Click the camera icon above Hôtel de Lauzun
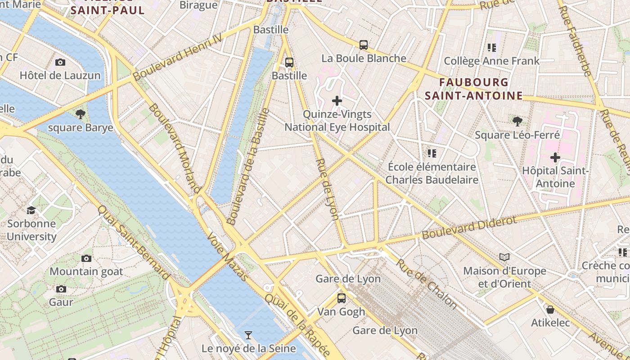(60, 62)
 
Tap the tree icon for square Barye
(81, 114)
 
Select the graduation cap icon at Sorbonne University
(31, 210)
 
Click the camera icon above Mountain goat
(86, 258)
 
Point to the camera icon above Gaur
(61, 289)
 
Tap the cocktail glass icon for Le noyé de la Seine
(248, 335)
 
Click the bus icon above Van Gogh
(342, 298)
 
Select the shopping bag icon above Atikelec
(550, 310)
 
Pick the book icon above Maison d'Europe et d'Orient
(504, 257)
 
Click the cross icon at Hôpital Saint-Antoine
(555, 157)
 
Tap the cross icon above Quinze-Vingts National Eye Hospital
(337, 101)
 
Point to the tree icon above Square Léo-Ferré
(517, 121)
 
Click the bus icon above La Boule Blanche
(364, 45)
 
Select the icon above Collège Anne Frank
(491, 47)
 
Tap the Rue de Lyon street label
(328, 189)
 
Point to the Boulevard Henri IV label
(178, 57)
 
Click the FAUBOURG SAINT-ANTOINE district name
(474, 89)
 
